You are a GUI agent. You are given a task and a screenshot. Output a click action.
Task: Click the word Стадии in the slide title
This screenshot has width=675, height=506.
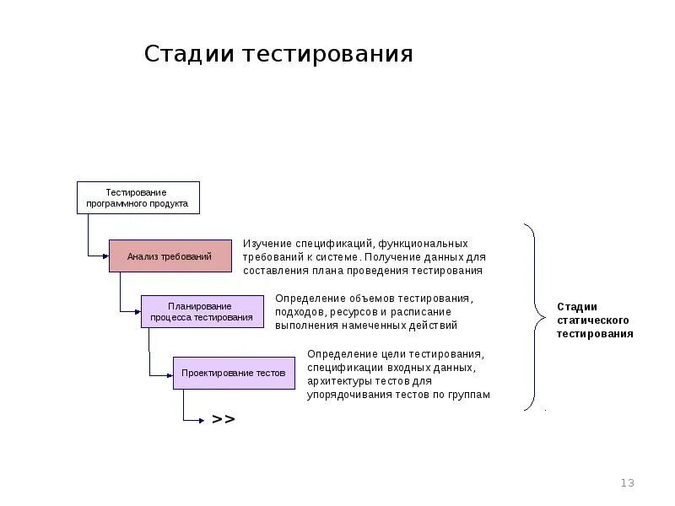(x=190, y=55)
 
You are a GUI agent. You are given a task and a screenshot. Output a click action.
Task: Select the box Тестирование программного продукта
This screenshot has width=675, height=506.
(x=138, y=197)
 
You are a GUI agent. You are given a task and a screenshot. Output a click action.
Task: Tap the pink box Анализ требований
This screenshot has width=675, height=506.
(x=170, y=256)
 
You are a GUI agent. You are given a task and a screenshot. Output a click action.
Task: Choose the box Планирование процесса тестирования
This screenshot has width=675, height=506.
(x=201, y=311)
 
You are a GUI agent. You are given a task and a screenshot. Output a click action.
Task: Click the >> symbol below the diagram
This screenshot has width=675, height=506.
(x=224, y=419)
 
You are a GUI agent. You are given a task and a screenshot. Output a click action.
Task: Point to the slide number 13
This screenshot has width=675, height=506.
(x=627, y=483)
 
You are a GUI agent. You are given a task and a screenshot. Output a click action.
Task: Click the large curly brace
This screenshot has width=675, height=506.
(x=533, y=318)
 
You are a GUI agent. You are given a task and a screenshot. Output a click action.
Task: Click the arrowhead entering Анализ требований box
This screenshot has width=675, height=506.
(x=105, y=256)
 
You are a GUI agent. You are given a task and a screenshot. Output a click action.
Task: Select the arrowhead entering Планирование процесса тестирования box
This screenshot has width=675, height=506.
(x=138, y=311)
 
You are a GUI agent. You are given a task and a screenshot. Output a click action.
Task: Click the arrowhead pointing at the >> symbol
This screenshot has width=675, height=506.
(x=202, y=419)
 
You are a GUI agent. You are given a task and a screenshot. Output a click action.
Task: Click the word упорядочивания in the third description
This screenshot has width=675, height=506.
(x=350, y=394)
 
